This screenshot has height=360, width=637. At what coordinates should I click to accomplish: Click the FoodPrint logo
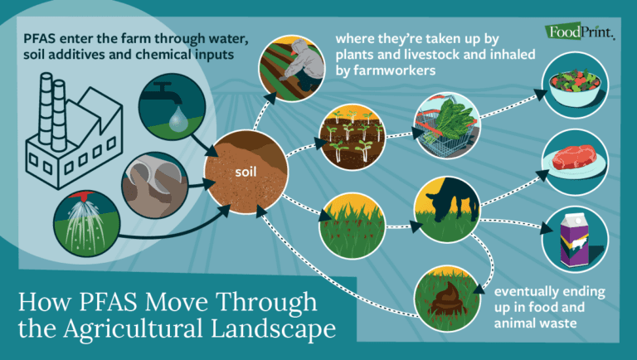(581, 32)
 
